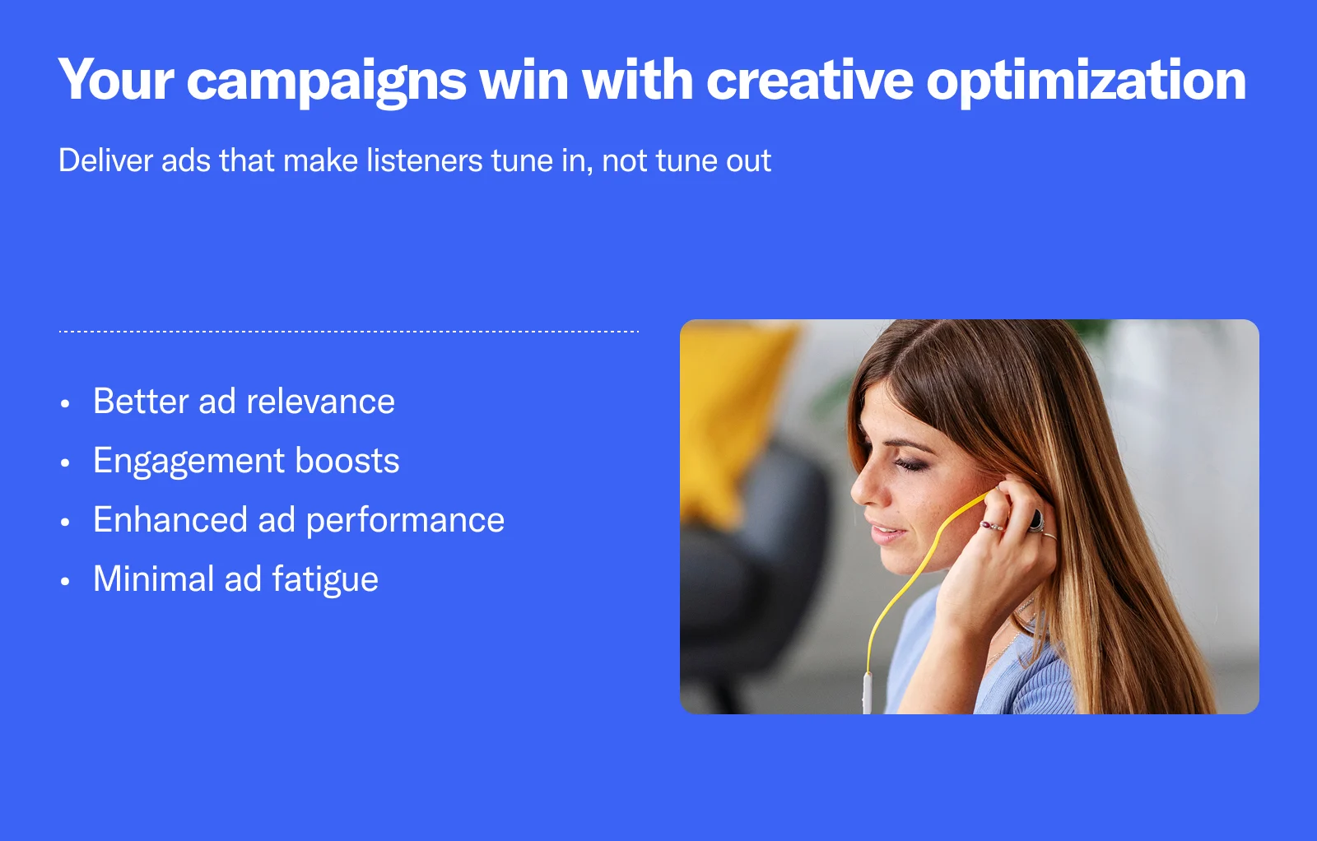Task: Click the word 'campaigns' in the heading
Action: [x=326, y=81]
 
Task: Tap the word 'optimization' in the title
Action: [x=1086, y=81]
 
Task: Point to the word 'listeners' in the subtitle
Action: [x=425, y=160]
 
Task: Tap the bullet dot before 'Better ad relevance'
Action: [x=65, y=404]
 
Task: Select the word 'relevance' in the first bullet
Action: [x=320, y=402]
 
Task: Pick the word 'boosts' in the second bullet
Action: [x=347, y=460]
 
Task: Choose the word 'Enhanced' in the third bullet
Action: [x=170, y=519]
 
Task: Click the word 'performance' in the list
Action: [x=405, y=522]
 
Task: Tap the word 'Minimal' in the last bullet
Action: [x=153, y=578]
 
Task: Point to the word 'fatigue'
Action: [x=326, y=581]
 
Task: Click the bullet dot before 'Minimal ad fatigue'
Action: [x=65, y=582]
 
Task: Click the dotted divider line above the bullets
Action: [x=349, y=332]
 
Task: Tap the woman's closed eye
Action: [x=911, y=466]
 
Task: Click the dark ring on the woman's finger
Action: [x=1035, y=521]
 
